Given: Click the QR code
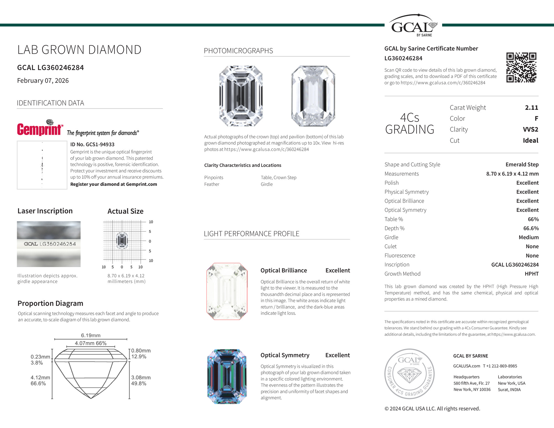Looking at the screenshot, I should tap(521, 67).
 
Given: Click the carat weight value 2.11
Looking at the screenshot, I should tap(531, 108).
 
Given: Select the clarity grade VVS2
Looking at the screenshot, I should tap(530, 130).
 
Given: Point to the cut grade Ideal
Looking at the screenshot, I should tap(530, 141).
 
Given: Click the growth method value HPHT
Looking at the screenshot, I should tap(531, 274).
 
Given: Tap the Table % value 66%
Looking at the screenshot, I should tap(533, 219).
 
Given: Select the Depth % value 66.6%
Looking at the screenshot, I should tap(531, 228).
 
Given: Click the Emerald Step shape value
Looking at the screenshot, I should tap(522, 165).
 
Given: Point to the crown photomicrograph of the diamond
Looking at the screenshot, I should tap(241, 96).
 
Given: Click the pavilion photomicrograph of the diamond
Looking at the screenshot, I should tap(313, 96).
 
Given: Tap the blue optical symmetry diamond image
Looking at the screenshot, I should tap(227, 376).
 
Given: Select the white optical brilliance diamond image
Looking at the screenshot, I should tap(227, 291).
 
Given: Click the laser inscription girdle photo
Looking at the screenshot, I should tap(49, 244).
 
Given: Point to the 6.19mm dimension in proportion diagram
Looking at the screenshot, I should tap(91, 335).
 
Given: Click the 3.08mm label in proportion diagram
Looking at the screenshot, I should tap(141, 377).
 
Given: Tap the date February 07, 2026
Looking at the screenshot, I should tap(43, 81).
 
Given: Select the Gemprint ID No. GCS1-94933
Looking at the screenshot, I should tap(92, 144).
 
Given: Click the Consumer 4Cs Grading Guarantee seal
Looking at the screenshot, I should tap(409, 374).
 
